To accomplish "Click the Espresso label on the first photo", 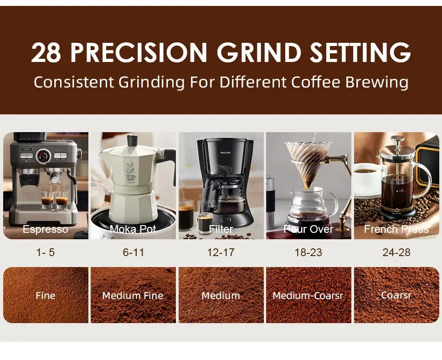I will coord(45,229).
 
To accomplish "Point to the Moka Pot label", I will coord(133,229).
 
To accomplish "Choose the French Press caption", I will coord(396,229).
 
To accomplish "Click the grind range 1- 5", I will coord(45,252).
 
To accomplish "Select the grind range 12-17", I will coord(221,252).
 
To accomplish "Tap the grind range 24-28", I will coord(396,252).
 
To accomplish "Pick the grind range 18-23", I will coord(308,252).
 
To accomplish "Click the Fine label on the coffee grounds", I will coord(45,296).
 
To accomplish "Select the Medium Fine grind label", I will coord(133,296).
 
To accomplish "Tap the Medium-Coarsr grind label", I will coord(308,296).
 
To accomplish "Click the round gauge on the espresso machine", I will coord(44,155).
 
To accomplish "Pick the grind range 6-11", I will coord(133,252).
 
